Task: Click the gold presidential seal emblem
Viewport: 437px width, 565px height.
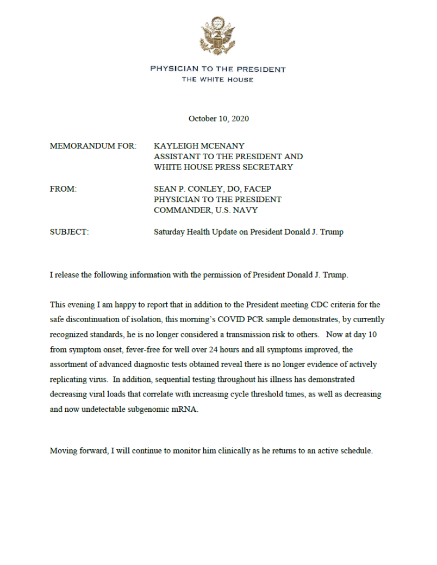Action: pyautogui.click(x=218, y=36)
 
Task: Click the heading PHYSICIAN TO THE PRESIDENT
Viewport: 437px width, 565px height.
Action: pyautogui.click(x=218, y=70)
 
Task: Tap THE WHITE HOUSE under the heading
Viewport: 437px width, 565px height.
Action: pyautogui.click(x=218, y=80)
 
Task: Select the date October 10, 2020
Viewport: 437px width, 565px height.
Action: pyautogui.click(x=218, y=118)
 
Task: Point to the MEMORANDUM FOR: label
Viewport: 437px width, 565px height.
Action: pyautogui.click(x=93, y=146)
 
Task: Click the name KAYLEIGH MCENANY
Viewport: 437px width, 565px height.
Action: pyautogui.click(x=199, y=146)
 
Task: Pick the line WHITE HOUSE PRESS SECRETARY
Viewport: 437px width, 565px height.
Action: pyautogui.click(x=223, y=167)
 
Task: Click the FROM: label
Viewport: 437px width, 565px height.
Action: pyautogui.click(x=63, y=189)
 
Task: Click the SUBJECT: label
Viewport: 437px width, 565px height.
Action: pyautogui.click(x=69, y=232)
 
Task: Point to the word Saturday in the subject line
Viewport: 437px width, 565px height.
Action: pyautogui.click(x=169, y=232)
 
